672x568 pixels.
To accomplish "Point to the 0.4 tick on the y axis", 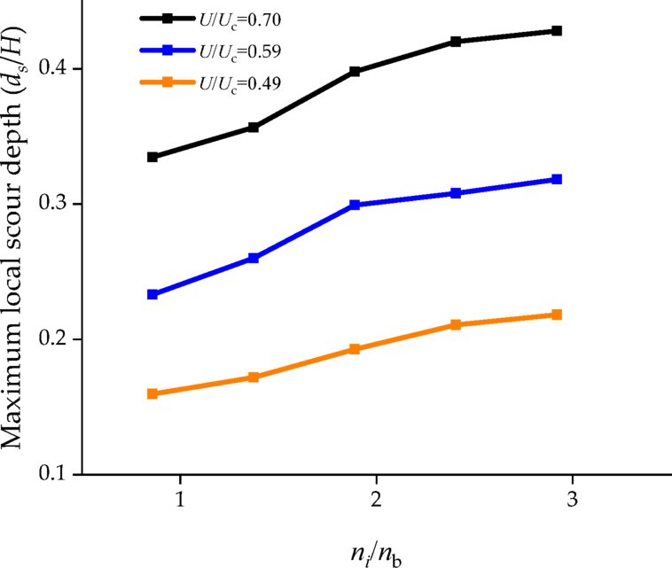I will point(56,69).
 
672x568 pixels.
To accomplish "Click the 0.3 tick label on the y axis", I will point(56,205).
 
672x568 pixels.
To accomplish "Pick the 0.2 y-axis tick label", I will point(56,339).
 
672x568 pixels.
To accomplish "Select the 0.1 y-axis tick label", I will point(56,474).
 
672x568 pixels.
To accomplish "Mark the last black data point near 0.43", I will point(557,31).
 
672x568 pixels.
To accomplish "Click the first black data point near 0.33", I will point(152,157).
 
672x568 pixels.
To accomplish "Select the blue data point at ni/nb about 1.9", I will point(355,205).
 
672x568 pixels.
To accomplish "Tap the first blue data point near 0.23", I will point(152,294).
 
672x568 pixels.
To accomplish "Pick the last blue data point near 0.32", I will point(557,179).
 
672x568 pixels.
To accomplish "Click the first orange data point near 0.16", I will point(152,393).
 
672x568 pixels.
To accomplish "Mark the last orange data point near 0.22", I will point(557,315).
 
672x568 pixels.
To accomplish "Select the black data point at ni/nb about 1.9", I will point(355,71).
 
